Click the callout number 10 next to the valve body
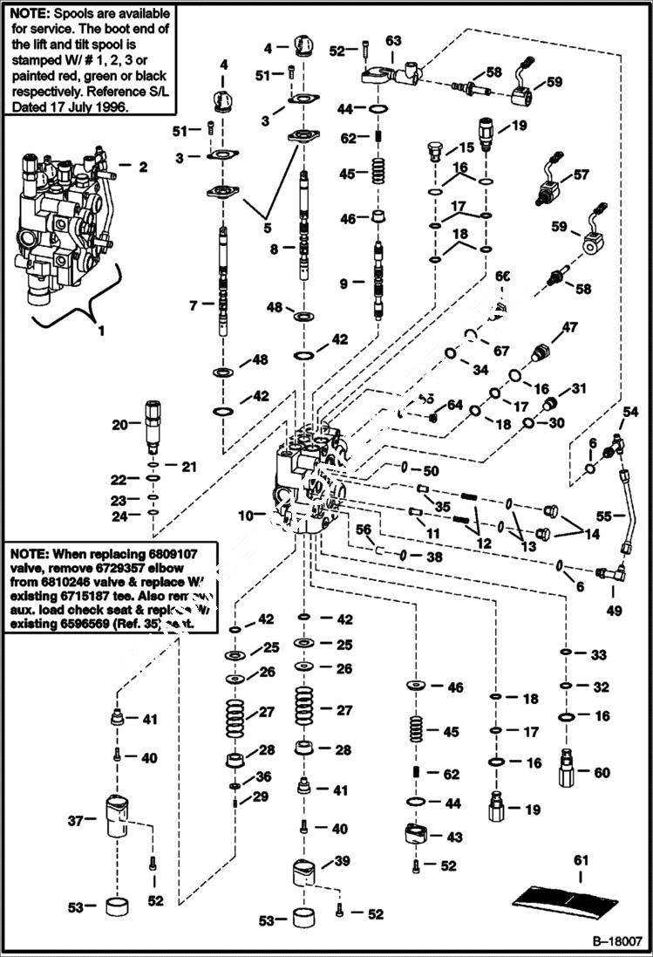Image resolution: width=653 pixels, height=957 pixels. (247, 516)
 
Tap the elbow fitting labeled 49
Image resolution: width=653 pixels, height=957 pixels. (608, 574)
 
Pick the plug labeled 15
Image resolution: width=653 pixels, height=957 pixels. (436, 152)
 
